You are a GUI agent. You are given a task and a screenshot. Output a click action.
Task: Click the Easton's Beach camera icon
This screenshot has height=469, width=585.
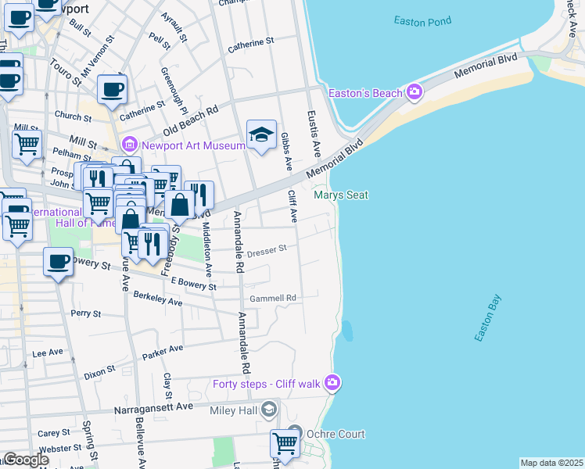point(414,93)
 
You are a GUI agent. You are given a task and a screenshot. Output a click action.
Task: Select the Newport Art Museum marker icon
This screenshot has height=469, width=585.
point(129,144)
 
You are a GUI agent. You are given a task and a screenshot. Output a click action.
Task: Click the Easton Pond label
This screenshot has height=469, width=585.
point(422,21)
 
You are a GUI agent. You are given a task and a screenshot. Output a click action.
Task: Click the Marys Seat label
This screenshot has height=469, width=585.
point(340,195)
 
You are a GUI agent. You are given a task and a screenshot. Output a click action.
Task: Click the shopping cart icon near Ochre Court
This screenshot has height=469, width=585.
point(285,443)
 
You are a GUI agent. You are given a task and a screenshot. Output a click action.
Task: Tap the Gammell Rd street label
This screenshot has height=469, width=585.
point(273,299)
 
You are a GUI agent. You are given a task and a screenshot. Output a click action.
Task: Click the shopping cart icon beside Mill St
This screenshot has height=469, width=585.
point(27,143)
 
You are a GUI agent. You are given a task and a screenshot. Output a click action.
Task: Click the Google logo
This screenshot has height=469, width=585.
point(25,460)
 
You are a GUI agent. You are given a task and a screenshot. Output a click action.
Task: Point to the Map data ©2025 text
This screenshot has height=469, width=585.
point(551,463)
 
